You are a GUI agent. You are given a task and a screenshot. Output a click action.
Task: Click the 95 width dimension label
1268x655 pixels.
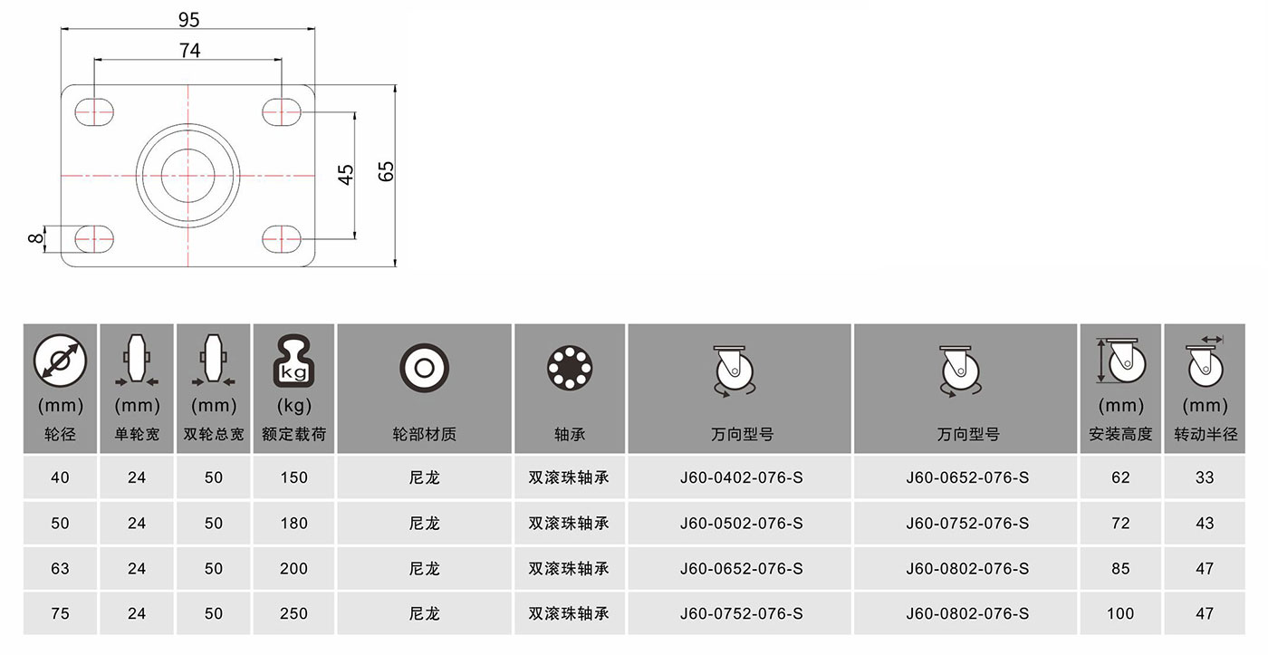tap(188, 20)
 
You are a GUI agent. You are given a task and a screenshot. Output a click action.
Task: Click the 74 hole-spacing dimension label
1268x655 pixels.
tap(189, 51)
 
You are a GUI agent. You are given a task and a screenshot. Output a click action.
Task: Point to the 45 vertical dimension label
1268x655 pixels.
tap(346, 174)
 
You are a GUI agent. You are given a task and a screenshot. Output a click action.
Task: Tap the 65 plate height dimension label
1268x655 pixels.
tap(386, 171)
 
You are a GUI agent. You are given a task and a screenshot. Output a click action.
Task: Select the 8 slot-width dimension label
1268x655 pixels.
tap(35, 238)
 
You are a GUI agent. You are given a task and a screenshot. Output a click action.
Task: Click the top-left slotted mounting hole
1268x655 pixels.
tap(94, 112)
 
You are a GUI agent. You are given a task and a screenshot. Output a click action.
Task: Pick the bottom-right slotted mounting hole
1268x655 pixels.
tap(282, 239)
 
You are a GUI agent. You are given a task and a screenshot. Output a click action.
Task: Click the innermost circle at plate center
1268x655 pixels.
tap(188, 176)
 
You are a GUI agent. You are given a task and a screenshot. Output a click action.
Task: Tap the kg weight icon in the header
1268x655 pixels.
tap(293, 361)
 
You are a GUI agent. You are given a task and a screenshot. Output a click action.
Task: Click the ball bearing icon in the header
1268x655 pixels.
tap(570, 368)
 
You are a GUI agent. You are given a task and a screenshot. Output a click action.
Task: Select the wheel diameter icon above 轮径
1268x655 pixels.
tap(60, 361)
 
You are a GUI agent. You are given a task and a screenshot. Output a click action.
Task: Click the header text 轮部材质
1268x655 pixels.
tap(425, 434)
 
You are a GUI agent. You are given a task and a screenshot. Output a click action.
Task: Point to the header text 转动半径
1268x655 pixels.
tap(1206, 434)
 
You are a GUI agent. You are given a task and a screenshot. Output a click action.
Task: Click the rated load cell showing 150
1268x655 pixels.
tap(293, 477)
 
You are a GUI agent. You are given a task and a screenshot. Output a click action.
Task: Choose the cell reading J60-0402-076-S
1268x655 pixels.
tap(742, 477)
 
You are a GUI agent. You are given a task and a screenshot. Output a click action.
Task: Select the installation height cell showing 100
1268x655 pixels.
tap(1121, 613)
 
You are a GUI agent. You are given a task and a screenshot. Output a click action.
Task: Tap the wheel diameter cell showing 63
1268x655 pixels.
tap(60, 568)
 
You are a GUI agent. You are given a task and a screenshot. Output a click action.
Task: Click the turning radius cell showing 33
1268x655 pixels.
tap(1206, 477)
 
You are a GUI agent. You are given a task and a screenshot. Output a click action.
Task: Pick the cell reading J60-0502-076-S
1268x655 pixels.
tap(742, 523)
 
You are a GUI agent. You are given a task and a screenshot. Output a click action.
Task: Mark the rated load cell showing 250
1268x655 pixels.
tap(293, 613)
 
